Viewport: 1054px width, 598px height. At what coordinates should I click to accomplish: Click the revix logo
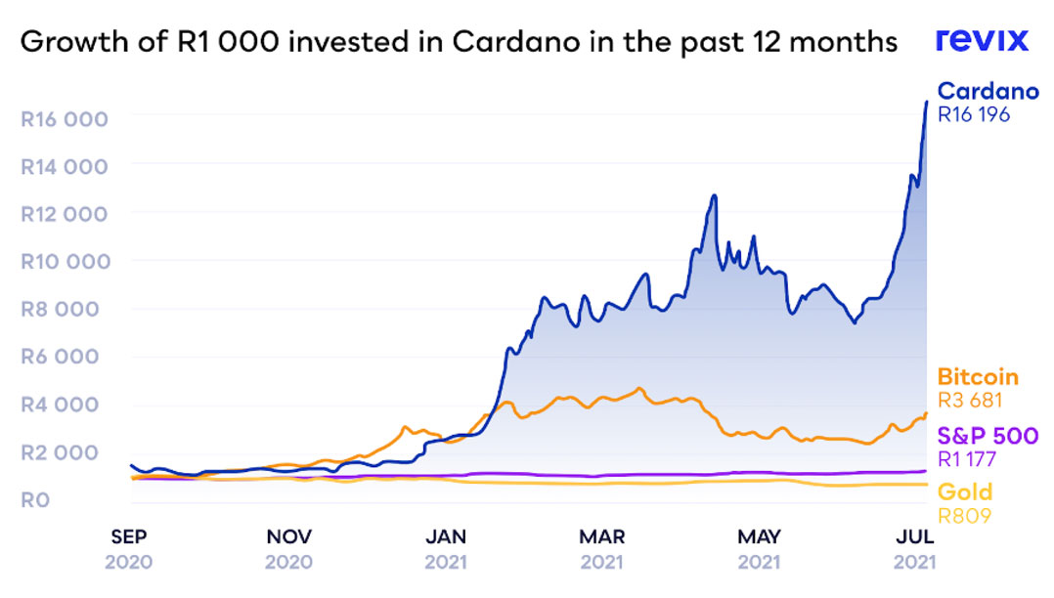pyautogui.click(x=982, y=40)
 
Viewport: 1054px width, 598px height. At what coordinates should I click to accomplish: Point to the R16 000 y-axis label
pyautogui.click(x=64, y=118)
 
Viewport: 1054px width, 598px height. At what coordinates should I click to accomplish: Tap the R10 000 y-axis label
pyautogui.click(x=64, y=261)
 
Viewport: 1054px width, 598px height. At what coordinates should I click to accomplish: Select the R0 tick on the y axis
pyautogui.click(x=35, y=500)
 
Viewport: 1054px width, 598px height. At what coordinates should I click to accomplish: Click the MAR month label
pyautogui.click(x=602, y=537)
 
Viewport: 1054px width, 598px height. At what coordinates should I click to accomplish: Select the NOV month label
pyautogui.click(x=289, y=537)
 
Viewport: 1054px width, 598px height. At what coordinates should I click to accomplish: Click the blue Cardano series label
pyautogui.click(x=988, y=92)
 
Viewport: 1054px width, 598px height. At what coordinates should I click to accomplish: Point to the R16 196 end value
pyautogui.click(x=974, y=114)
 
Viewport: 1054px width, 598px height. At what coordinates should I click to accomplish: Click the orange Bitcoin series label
pyautogui.click(x=978, y=377)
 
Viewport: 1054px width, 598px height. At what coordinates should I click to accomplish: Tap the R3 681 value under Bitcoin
pyautogui.click(x=971, y=400)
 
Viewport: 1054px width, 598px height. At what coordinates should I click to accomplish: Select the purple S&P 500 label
pyautogui.click(x=988, y=436)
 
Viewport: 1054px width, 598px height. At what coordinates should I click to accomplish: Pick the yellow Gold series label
pyautogui.click(x=965, y=491)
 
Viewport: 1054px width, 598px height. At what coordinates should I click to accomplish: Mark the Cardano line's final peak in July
pyautogui.click(x=926, y=102)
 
